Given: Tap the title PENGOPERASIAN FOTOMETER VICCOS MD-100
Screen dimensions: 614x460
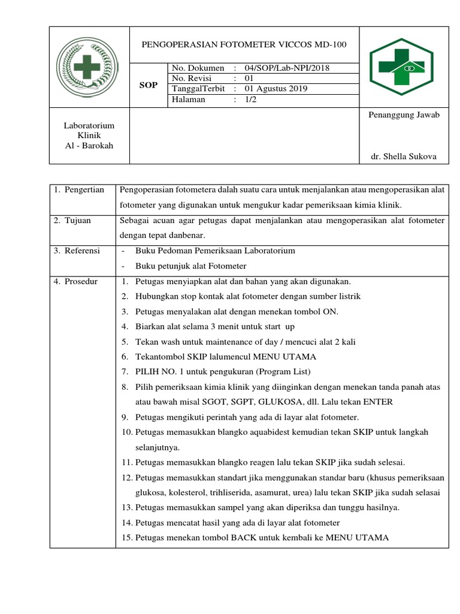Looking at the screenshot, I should pos(243,44).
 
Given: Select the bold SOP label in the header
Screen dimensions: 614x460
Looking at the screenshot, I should pos(149,85).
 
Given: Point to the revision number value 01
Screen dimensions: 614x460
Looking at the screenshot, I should pos(250,79).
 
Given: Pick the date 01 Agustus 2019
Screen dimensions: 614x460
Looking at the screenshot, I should pos(274,89).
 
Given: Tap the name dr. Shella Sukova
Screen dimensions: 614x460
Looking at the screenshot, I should pos(404,156).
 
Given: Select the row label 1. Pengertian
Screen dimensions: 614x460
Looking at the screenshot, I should pos(78,190).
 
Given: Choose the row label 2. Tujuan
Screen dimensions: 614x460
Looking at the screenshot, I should pos(72,221).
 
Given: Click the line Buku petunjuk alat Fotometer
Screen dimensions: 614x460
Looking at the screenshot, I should pos(191,266).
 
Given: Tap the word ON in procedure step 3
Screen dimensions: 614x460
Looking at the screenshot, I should pos(331,312).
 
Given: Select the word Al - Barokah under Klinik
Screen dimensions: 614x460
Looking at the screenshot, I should pos(89,146).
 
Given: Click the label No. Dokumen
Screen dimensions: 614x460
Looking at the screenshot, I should pos(198,68).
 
